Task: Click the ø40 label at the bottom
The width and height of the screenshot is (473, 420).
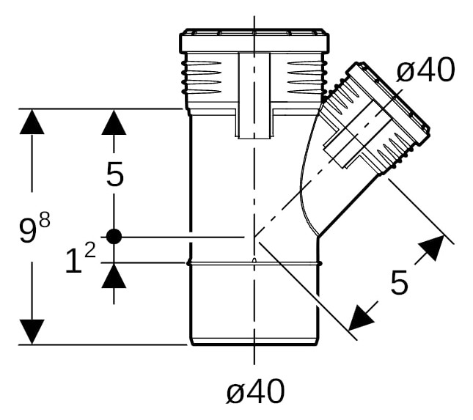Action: click(x=255, y=391)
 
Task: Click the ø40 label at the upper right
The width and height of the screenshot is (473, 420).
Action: click(x=425, y=70)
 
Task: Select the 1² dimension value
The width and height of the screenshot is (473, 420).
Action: click(x=81, y=259)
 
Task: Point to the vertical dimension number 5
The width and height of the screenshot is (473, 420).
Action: click(x=115, y=174)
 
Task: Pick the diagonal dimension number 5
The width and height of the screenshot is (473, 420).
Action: click(x=399, y=282)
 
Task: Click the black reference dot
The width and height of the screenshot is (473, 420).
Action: click(x=114, y=236)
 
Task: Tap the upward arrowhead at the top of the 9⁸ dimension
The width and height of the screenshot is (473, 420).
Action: click(x=32, y=122)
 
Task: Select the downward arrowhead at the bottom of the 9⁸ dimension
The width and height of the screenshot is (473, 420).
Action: click(x=32, y=331)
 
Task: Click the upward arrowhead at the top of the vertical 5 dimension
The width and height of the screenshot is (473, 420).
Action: click(x=114, y=122)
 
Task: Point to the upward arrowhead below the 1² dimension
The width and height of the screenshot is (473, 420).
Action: click(x=114, y=276)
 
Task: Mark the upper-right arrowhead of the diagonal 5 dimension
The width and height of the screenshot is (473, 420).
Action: click(x=433, y=248)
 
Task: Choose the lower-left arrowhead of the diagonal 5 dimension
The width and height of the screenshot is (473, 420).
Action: click(x=361, y=318)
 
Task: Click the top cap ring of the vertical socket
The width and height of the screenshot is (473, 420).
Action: click(x=254, y=41)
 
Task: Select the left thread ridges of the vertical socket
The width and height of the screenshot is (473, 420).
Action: click(x=202, y=78)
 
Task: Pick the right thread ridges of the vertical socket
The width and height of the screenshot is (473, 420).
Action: click(x=307, y=78)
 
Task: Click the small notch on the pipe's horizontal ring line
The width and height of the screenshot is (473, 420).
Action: click(x=254, y=260)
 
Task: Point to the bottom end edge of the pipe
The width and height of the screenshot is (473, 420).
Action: click(x=254, y=345)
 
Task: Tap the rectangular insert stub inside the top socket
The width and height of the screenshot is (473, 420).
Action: click(x=254, y=96)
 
